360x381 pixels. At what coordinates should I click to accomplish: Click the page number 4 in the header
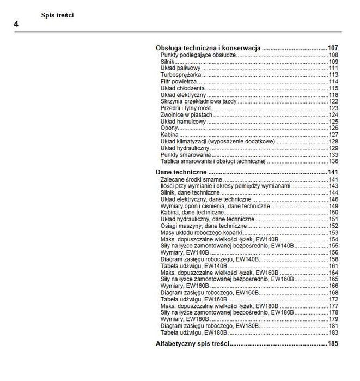[16, 25]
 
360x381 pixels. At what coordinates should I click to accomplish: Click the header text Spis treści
[57, 15]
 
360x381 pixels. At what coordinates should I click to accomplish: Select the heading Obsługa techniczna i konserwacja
[208, 48]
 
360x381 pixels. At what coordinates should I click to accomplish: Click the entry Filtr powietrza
[179, 81]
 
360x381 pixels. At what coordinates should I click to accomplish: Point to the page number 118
[333, 95]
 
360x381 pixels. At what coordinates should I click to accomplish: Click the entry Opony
[169, 128]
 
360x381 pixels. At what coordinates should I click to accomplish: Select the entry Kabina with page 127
[170, 135]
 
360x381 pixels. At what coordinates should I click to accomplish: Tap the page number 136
[333, 161]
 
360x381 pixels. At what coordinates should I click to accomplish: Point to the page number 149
[333, 206]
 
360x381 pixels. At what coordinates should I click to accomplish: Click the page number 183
[333, 332]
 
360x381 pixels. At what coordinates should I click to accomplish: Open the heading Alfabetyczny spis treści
[192, 344]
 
